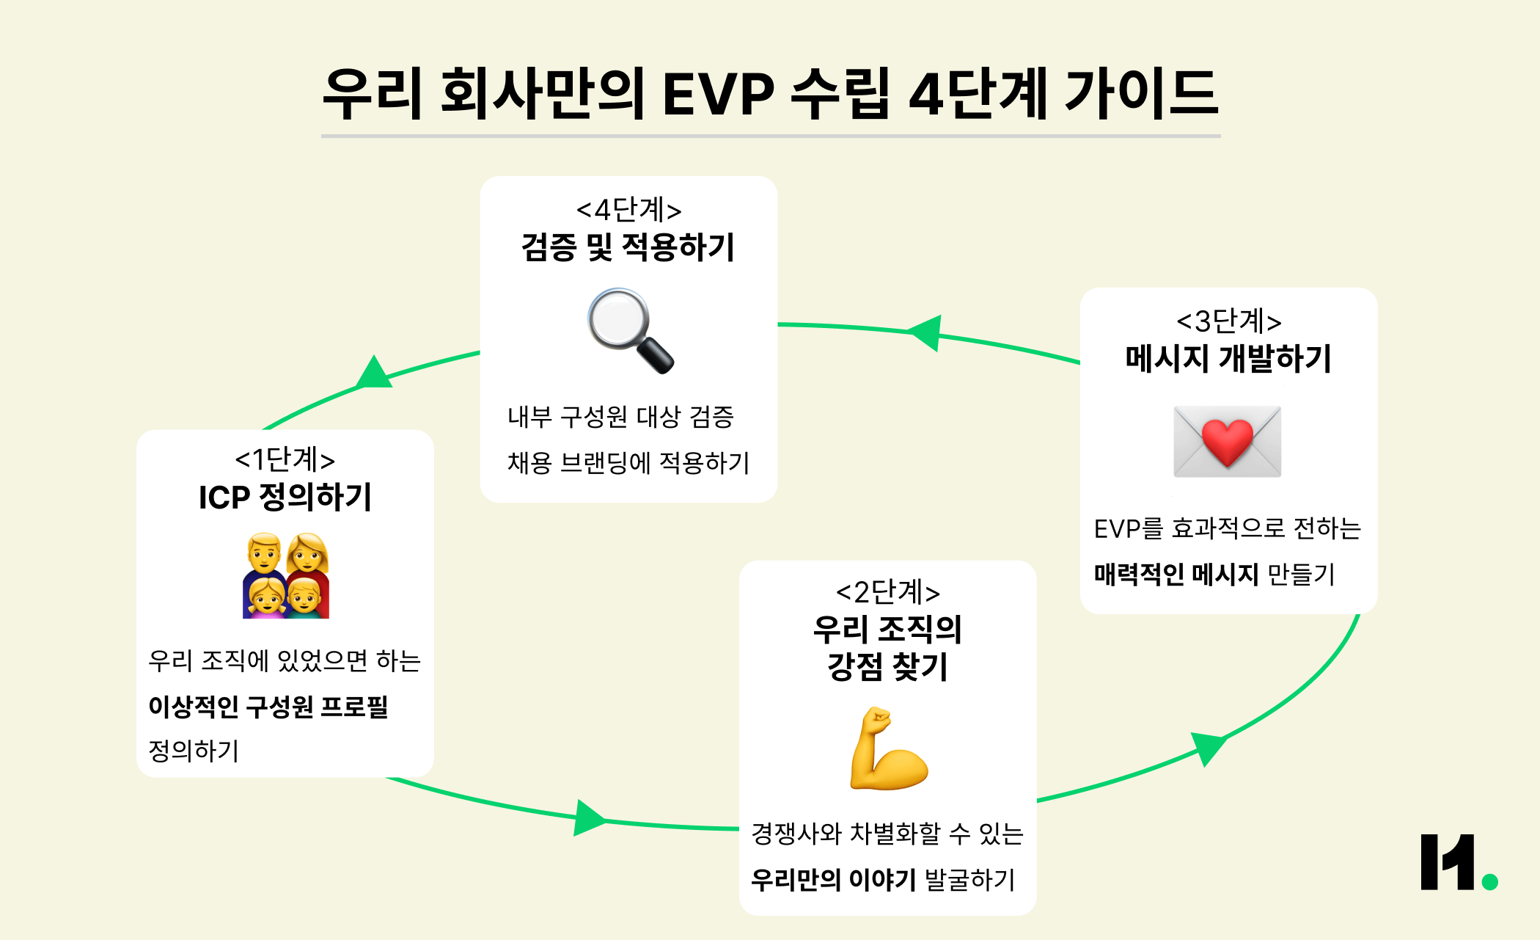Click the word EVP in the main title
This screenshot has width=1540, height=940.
[x=718, y=94]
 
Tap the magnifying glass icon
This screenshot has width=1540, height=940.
[x=629, y=329]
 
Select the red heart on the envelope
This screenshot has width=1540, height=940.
[x=1228, y=442]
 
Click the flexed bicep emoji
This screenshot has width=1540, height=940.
[x=887, y=749]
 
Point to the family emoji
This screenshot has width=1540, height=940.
[x=286, y=576]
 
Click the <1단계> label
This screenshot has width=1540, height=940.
[x=285, y=459]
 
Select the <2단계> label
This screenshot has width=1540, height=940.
[x=887, y=591]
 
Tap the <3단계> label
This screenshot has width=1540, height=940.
[x=1228, y=321]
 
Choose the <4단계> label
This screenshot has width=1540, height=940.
[x=628, y=210]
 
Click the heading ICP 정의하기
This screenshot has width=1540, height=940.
[x=285, y=497]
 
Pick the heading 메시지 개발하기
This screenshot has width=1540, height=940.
[x=1228, y=358]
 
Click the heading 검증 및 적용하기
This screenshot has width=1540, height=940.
[x=628, y=247]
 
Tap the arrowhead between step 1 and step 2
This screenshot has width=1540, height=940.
[x=588, y=817]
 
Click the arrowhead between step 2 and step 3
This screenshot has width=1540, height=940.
[x=1207, y=747]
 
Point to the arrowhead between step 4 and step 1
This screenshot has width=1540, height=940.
[x=374, y=374]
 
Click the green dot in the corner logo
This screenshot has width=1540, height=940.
[x=1489, y=881]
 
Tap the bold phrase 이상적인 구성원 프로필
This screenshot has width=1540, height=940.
[x=268, y=706]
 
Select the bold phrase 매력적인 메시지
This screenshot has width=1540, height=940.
[x=1176, y=574]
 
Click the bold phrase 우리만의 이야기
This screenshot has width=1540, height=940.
[x=833, y=879]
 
